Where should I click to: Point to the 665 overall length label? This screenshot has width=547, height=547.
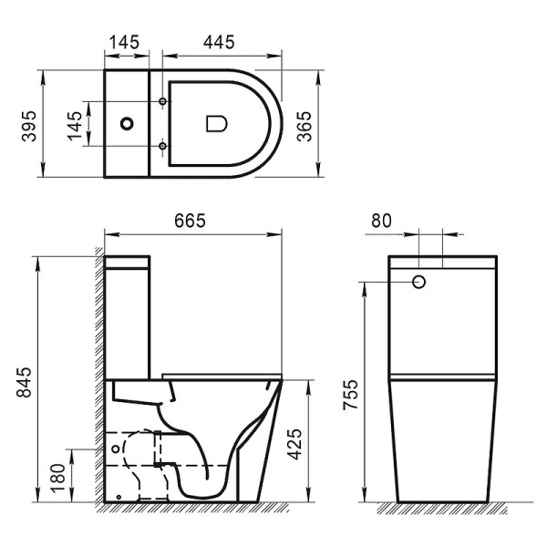(x=191, y=221)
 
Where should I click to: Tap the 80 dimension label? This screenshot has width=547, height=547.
(x=382, y=221)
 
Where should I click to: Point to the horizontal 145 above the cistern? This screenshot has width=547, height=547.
(x=123, y=42)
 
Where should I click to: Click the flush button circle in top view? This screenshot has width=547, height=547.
(x=128, y=122)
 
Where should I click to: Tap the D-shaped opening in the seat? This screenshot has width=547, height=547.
(x=215, y=122)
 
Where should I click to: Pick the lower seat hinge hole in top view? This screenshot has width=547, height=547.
(x=162, y=145)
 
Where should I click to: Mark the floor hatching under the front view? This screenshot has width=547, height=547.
(x=443, y=508)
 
